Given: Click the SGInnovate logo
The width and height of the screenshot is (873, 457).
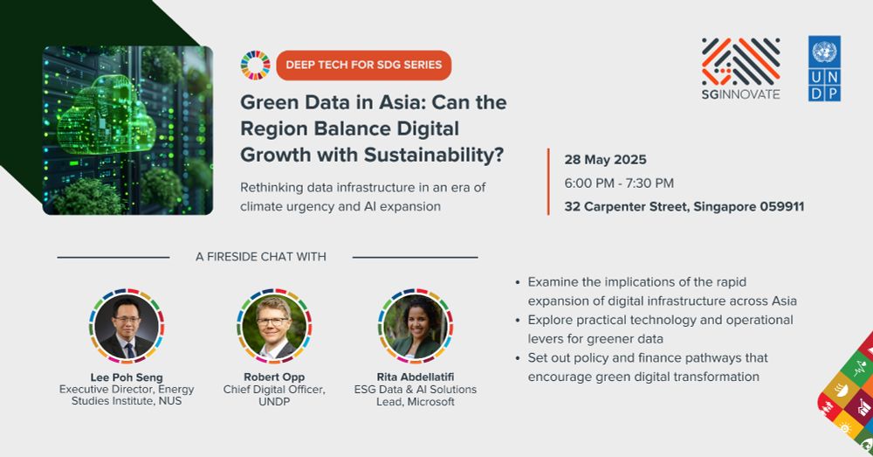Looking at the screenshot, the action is pyautogui.click(x=740, y=68).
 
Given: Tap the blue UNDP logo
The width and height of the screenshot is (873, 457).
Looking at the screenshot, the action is pyautogui.click(x=824, y=68).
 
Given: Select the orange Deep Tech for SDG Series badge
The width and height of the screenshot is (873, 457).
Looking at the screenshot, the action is pyautogui.click(x=363, y=66).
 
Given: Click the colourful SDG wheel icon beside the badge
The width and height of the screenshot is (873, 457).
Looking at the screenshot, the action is pyautogui.click(x=256, y=66).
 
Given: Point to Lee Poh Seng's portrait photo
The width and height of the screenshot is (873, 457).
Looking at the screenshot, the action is pyautogui.click(x=127, y=326).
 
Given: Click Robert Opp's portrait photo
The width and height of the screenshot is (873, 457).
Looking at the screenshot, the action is pyautogui.click(x=274, y=326).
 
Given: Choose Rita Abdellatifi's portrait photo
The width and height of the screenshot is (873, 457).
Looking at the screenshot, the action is pyautogui.click(x=416, y=326).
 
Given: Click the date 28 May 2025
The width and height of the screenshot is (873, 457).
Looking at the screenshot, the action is pyautogui.click(x=605, y=160).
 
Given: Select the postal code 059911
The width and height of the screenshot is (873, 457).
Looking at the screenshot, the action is pyautogui.click(x=782, y=207).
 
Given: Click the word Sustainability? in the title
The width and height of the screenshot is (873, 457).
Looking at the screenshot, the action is pyautogui.click(x=434, y=155).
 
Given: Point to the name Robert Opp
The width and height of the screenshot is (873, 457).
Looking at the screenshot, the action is pyautogui.click(x=274, y=377).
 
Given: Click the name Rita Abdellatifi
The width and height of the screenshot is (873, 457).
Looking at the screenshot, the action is pyautogui.click(x=416, y=377).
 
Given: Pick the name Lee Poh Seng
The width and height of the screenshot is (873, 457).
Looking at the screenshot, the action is pyautogui.click(x=127, y=377).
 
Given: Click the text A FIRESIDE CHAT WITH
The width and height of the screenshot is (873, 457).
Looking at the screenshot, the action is pyautogui.click(x=260, y=257).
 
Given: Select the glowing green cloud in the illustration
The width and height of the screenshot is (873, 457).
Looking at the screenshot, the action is pyautogui.click(x=105, y=116).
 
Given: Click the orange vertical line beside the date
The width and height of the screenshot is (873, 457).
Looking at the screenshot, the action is pyautogui.click(x=548, y=182).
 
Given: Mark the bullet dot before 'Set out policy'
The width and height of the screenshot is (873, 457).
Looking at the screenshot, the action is pyautogui.click(x=518, y=358).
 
